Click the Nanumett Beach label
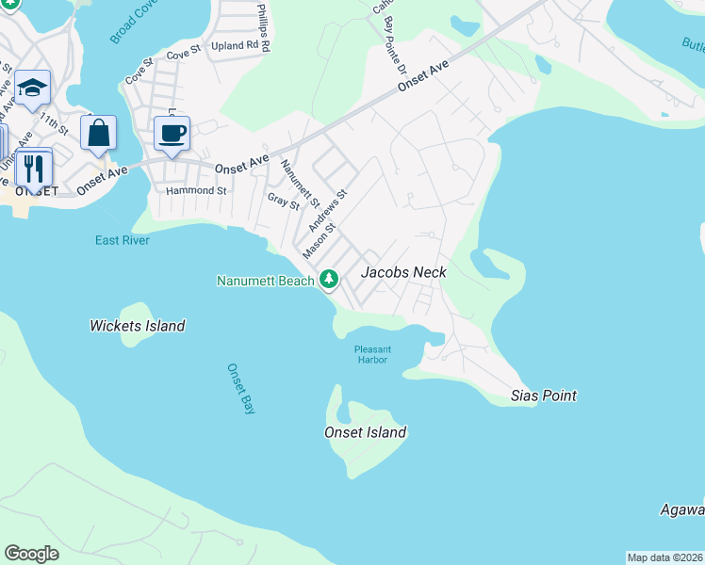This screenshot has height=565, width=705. click(x=265, y=280)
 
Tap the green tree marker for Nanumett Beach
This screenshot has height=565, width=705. click(x=329, y=279)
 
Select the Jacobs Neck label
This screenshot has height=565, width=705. click(x=403, y=272)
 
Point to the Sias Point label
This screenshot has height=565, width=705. click(x=544, y=395)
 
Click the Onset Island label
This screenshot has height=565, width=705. click(x=365, y=432)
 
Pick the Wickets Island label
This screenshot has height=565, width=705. click(x=138, y=326)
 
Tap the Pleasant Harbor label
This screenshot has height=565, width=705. click(x=372, y=354)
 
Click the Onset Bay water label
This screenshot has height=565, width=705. click(x=241, y=389)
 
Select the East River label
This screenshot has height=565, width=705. click(x=123, y=240)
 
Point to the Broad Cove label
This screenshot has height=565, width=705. click(x=133, y=22)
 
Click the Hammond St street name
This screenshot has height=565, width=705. click(x=197, y=190)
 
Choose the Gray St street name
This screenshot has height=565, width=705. click(x=283, y=201)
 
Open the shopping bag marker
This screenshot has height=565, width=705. click(x=98, y=134)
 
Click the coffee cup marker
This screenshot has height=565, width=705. click(x=172, y=134)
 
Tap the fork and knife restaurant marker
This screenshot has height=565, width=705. click(x=34, y=169)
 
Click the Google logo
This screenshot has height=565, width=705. click(x=31, y=554)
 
